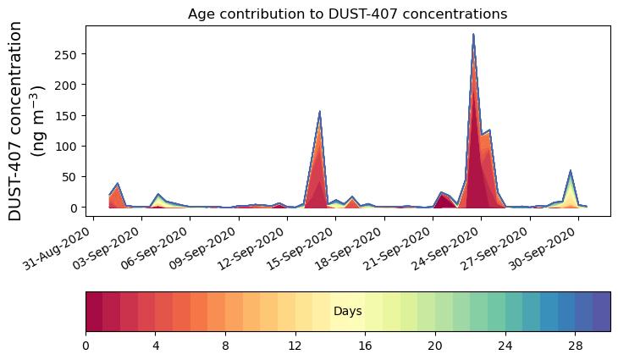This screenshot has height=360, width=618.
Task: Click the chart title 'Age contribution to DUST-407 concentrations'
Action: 347,14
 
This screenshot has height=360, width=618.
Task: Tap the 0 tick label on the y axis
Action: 76,208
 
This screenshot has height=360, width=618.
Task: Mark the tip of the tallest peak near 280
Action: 473,35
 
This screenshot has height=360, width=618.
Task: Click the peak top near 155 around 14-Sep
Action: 320,112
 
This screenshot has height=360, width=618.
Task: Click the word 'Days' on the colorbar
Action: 347,312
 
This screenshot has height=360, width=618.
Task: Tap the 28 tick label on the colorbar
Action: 575,346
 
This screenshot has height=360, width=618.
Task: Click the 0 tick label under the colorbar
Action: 86,346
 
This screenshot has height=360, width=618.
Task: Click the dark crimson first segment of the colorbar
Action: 94,311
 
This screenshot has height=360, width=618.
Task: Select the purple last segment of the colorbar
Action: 601,311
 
